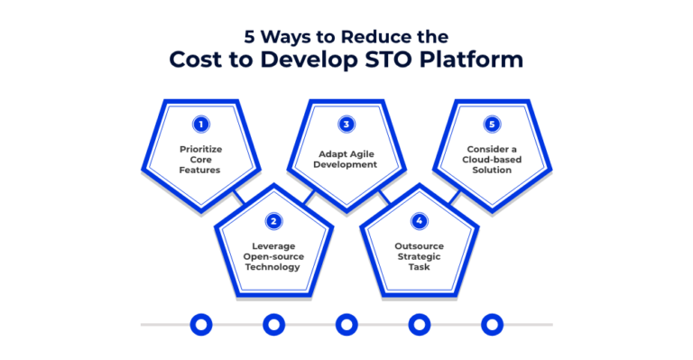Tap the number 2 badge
click(272, 220)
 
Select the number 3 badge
click(345, 125)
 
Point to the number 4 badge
click(419, 220)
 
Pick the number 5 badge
click(491, 125)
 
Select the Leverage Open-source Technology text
click(272, 256)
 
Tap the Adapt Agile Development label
click(345, 159)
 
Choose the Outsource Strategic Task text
click(418, 256)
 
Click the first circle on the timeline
click(199, 324)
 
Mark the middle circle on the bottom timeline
click(346, 324)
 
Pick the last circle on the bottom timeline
click(492, 324)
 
